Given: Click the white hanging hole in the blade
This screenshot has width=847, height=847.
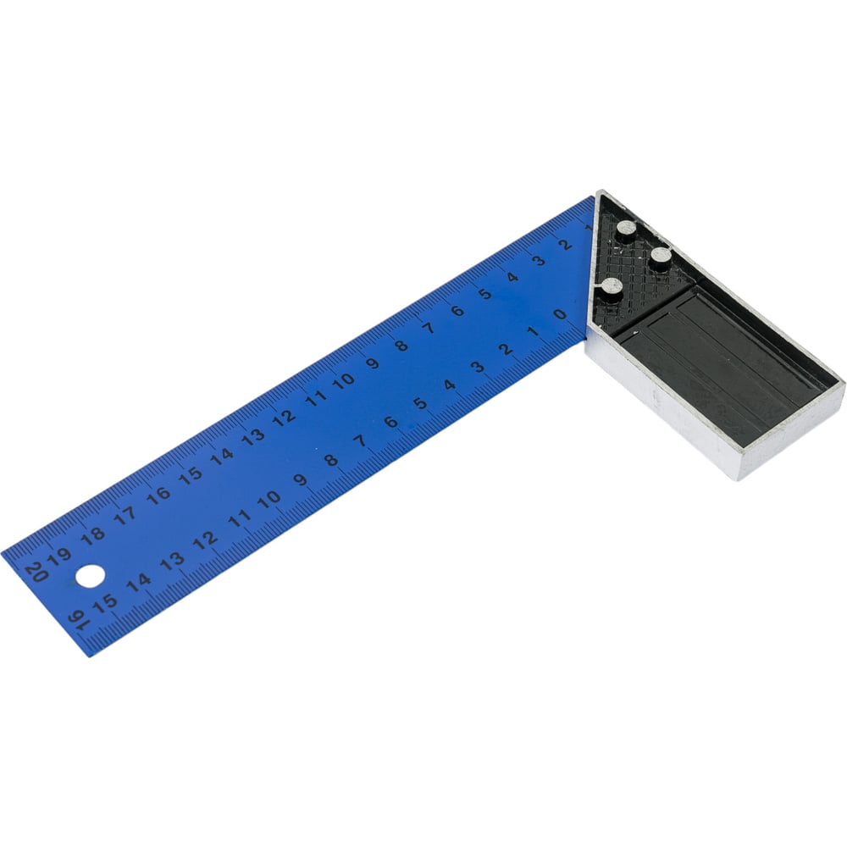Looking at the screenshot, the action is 90,576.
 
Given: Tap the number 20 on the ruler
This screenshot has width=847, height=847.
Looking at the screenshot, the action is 36,573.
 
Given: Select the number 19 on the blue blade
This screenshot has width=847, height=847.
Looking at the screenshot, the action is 59,556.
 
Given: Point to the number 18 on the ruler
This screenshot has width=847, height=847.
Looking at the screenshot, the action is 93,534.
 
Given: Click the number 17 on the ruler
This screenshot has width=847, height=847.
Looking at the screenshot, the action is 125,515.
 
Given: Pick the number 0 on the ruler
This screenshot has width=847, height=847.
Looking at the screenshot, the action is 560,314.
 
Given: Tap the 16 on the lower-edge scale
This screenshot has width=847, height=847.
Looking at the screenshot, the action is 78,621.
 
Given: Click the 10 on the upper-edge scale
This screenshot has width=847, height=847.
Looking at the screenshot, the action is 344,381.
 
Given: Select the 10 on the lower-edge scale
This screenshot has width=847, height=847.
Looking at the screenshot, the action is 269,501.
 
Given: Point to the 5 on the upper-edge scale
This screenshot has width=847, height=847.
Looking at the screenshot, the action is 485,294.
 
